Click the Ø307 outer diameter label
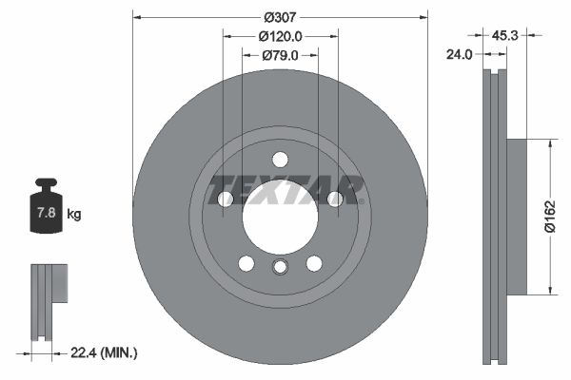280,17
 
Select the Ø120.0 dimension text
280,36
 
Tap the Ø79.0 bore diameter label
280,55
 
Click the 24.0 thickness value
460,55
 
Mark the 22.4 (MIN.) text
105,352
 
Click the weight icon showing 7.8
45,206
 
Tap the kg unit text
74,215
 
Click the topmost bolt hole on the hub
280,159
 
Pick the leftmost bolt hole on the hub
226,199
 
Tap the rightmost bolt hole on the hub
334,199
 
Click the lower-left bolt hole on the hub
246,263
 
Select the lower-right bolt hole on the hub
313,263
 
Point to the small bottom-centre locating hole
280,267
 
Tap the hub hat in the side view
515,217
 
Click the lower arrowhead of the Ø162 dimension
550,290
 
